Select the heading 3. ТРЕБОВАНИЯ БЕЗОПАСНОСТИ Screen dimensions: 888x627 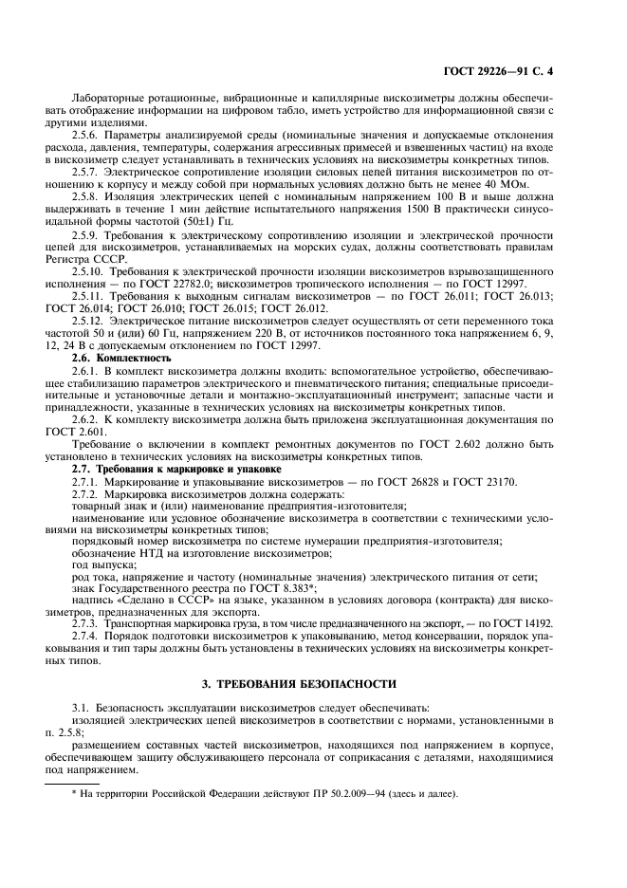[313, 684]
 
